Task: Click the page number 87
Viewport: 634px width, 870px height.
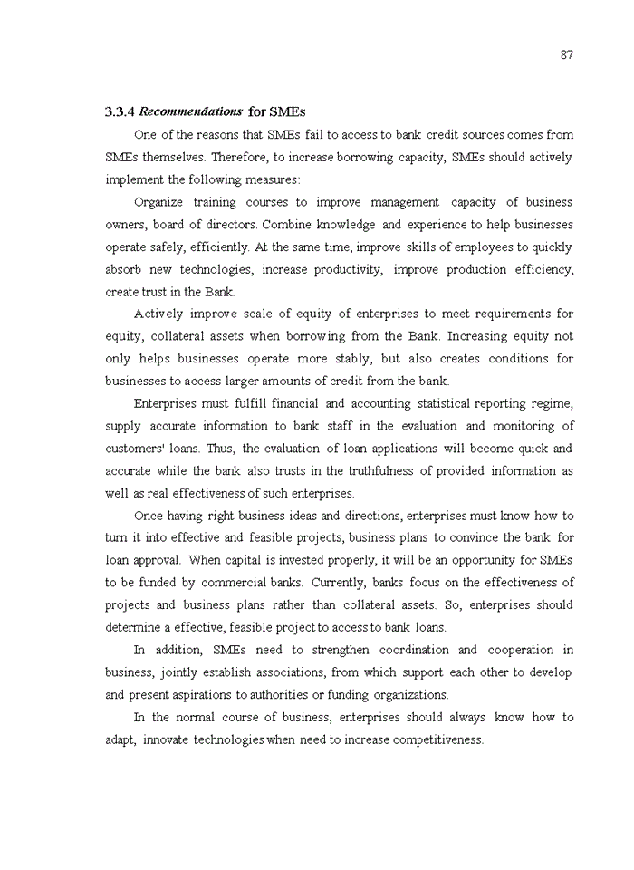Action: [x=566, y=54]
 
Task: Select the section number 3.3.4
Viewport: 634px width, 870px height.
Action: [x=120, y=112]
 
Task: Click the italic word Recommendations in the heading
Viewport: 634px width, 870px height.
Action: [x=191, y=112]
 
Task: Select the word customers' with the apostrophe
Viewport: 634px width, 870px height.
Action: [x=135, y=449]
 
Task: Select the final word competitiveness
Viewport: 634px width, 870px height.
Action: [x=427, y=739]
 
